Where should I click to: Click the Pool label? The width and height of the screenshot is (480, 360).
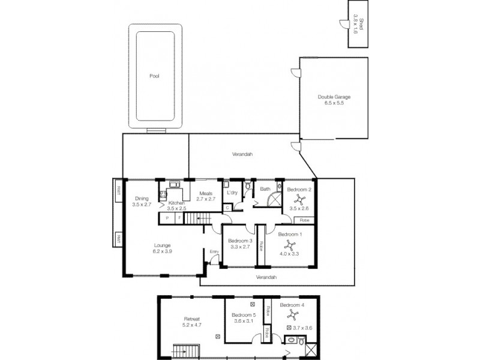tap(155, 76)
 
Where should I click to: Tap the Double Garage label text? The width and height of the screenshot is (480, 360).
tap(334, 97)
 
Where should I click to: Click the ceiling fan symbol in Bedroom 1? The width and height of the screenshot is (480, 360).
tap(290, 245)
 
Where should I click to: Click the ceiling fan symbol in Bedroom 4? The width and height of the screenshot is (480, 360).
tap(293, 316)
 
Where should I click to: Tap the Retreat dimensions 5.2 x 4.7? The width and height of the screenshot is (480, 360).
tap(191, 325)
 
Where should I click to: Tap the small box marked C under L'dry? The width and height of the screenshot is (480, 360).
tap(227, 208)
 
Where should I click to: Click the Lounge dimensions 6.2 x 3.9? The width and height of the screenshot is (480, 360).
tap(161, 251)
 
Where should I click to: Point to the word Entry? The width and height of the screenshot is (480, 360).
tap(214, 252)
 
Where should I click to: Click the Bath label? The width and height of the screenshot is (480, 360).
tap(265, 190)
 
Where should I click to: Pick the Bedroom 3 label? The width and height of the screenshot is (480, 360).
tap(239, 241)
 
